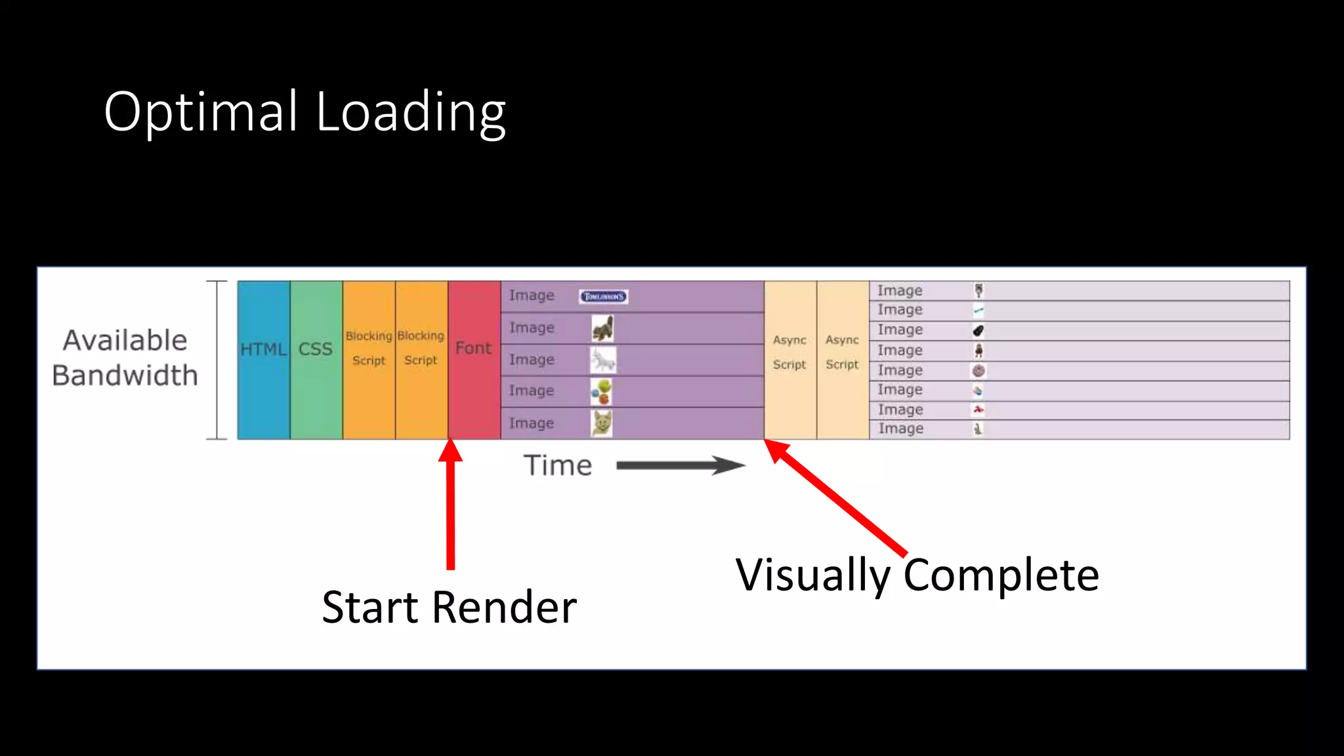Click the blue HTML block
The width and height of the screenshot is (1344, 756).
[264, 360]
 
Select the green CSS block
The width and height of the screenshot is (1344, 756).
[316, 360]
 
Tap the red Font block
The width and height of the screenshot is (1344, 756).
[474, 360]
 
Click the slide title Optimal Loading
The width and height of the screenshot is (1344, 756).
[304, 112]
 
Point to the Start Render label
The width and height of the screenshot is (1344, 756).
[449, 607]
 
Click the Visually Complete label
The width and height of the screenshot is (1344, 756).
[917, 576]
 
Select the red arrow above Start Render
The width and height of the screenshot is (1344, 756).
[451, 505]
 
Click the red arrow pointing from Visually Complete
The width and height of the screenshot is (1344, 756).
[837, 499]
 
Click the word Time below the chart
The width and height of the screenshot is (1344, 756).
[558, 465]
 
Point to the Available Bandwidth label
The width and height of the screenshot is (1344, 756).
[125, 358]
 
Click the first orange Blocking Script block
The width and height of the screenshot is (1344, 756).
[369, 360]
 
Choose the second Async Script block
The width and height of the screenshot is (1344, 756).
[843, 360]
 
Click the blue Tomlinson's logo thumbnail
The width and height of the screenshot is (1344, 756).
[603, 297]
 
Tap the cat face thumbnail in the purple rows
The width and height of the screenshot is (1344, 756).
[601, 423]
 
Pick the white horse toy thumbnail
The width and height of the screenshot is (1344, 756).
[602, 360]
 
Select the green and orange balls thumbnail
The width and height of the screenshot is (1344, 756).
[601, 392]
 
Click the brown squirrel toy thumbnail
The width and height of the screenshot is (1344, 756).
[602, 328]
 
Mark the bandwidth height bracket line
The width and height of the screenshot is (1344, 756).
[217, 360]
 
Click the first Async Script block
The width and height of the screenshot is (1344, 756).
[790, 360]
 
